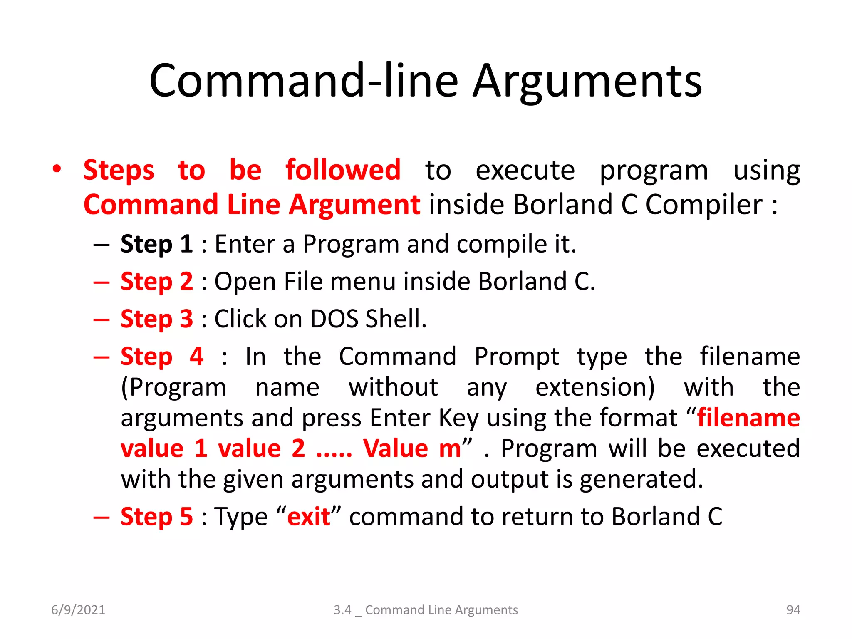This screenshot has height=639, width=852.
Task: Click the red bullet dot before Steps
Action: (x=57, y=169)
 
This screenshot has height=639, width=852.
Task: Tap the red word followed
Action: (x=343, y=170)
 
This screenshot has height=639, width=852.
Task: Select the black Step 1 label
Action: (x=156, y=244)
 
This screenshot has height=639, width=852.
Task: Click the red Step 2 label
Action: (x=156, y=282)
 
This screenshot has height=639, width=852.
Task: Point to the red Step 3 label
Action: (x=156, y=319)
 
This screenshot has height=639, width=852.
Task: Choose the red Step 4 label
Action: (x=162, y=357)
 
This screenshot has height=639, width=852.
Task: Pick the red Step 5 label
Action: (x=156, y=517)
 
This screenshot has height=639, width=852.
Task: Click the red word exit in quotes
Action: (x=308, y=517)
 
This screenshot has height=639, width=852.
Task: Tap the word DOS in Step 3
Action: (x=334, y=319)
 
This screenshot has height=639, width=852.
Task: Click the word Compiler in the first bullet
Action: (x=703, y=205)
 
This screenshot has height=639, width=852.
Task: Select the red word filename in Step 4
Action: (x=748, y=418)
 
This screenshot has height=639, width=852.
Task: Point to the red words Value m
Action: (x=411, y=449)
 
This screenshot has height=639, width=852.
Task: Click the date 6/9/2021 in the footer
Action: (x=78, y=610)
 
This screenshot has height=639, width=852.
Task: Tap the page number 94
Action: (x=793, y=610)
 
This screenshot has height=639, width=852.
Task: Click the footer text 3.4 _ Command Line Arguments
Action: (x=426, y=610)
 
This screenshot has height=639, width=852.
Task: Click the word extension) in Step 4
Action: (x=595, y=387)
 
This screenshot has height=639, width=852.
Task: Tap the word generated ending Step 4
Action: (x=641, y=479)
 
